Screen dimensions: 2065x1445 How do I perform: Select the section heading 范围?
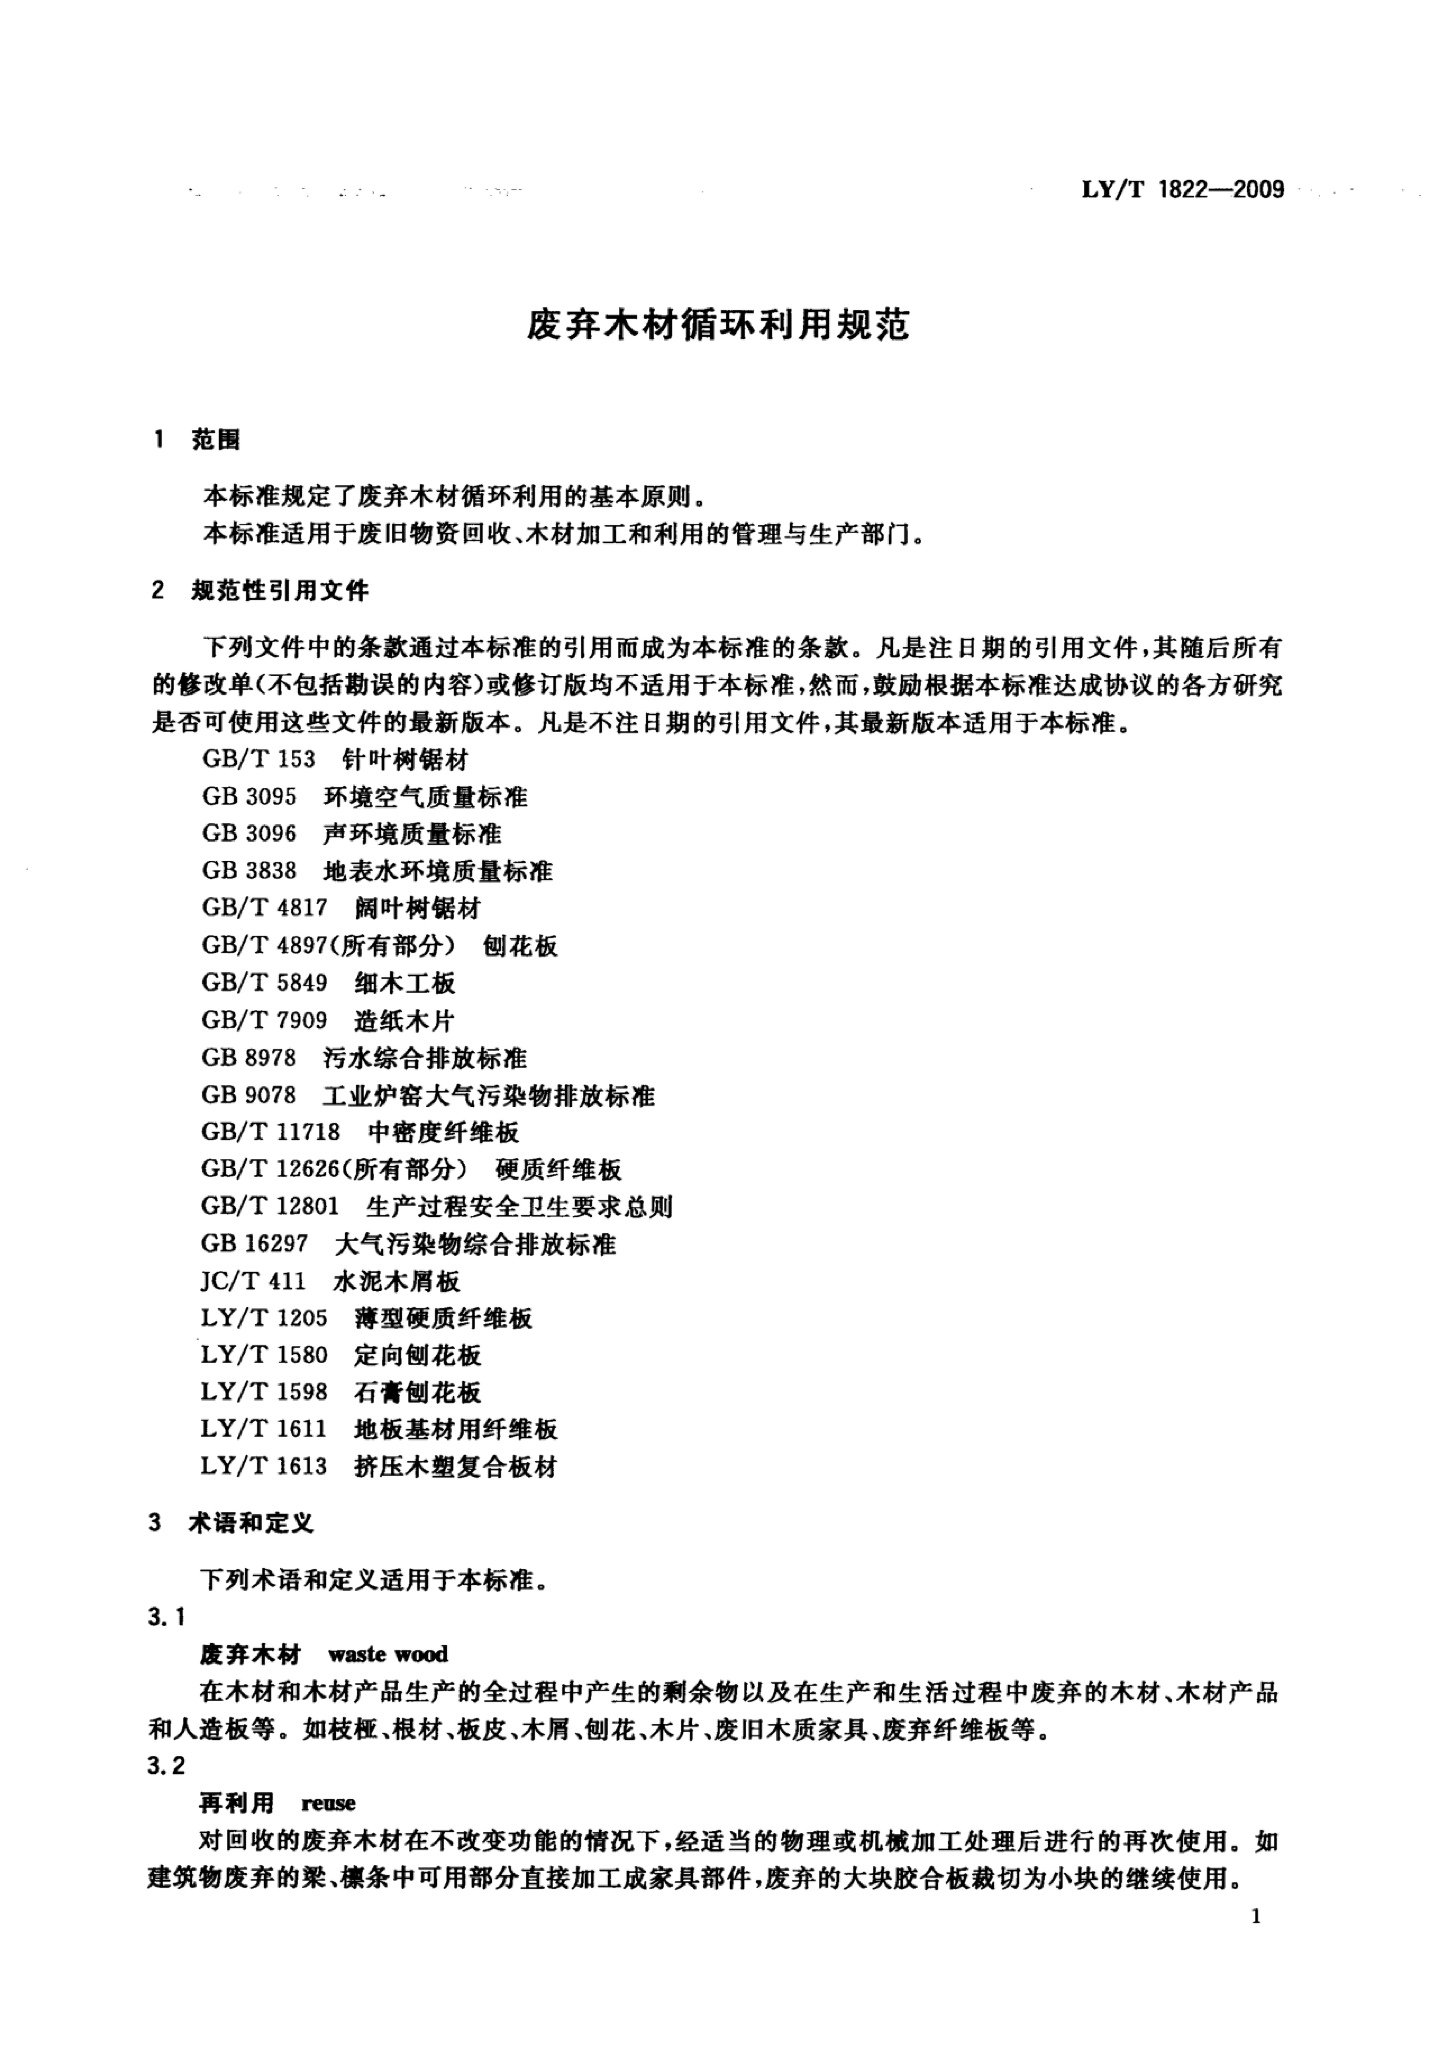(x=216, y=440)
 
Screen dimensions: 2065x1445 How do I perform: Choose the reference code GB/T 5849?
(x=265, y=982)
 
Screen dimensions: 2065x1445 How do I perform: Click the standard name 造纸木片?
(x=405, y=1020)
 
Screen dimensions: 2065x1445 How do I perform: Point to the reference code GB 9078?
(x=249, y=1094)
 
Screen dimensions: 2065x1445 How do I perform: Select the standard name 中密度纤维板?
(x=444, y=1131)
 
